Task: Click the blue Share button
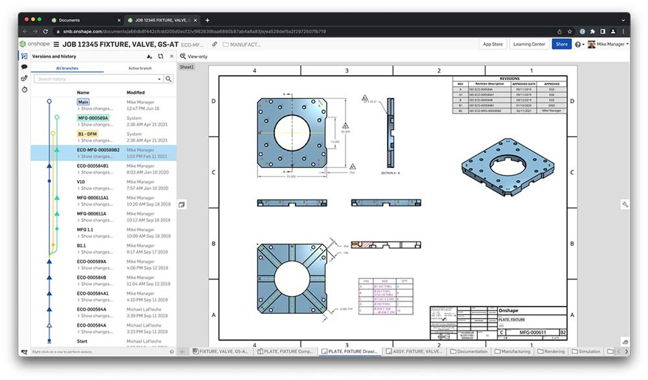pos(561,44)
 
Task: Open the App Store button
pos(492,44)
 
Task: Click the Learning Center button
pos(529,44)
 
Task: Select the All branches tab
pos(67,68)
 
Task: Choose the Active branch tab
pos(140,68)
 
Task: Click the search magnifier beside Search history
pos(168,79)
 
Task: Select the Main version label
pos(83,102)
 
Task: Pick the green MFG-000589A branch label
pos(93,118)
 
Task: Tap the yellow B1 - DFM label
pos(87,134)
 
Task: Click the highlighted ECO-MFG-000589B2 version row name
pos(98,150)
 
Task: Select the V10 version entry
pos(81,182)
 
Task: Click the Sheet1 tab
pos(187,67)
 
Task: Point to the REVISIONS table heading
pos(509,79)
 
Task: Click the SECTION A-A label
pos(390,173)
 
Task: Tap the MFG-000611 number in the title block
pos(533,332)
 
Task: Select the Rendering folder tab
pos(551,351)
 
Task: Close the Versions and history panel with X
pos(172,56)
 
